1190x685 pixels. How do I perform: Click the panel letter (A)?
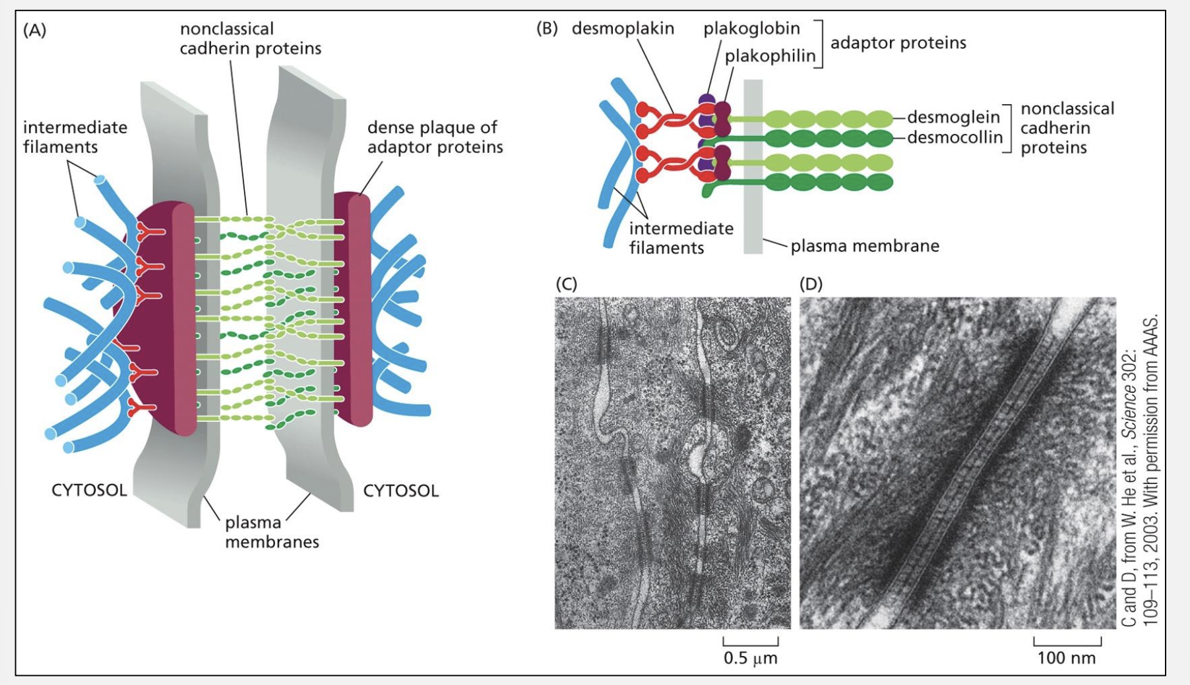tap(34, 30)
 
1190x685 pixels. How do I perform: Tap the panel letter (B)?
tap(547, 28)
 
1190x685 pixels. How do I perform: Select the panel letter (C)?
tap(566, 283)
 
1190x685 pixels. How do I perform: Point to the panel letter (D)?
tap(811, 283)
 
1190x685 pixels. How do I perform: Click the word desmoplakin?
tap(623, 28)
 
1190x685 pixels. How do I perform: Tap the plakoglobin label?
tap(751, 28)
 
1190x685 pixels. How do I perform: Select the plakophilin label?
tap(770, 56)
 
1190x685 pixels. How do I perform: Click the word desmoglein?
tap(953, 117)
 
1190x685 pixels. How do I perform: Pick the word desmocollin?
tap(955, 137)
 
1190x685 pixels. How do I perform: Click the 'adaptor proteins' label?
tap(898, 43)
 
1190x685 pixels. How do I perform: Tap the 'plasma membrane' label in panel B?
tap(865, 246)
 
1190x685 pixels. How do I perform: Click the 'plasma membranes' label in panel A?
tap(272, 532)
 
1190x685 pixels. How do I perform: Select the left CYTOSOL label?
tap(89, 491)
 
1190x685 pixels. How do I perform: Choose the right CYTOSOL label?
tap(400, 491)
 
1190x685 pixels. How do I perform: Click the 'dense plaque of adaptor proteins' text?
tap(435, 137)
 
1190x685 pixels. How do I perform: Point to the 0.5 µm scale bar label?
tap(750, 658)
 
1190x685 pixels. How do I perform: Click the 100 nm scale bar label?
tap(1066, 658)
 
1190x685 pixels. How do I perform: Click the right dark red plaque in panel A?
tap(353, 310)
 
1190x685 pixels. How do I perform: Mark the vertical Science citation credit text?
tap(1139, 471)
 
